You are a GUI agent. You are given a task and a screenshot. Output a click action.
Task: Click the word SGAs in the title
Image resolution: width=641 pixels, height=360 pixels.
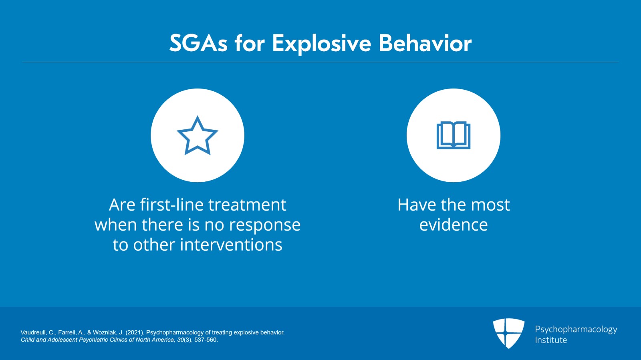click(198, 43)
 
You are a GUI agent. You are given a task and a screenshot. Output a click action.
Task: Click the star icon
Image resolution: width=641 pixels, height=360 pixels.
click(197, 136)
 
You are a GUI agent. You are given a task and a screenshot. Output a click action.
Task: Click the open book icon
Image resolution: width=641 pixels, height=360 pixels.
click(453, 135)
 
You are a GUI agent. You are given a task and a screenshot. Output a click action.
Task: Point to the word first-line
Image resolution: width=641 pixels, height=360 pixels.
click(172, 205)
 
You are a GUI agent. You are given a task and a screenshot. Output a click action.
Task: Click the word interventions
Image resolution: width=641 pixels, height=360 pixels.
click(231, 245)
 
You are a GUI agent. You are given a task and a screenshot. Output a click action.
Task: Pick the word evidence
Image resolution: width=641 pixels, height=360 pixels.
click(453, 225)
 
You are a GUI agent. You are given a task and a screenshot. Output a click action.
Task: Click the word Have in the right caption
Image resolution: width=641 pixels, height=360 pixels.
click(416, 205)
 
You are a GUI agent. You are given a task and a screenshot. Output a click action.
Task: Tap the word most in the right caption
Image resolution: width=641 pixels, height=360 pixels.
click(490, 205)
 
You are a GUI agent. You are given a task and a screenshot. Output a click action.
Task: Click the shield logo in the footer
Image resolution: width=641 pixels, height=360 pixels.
click(508, 333)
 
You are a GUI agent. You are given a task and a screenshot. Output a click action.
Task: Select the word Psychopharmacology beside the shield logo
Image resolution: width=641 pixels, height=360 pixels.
click(576, 329)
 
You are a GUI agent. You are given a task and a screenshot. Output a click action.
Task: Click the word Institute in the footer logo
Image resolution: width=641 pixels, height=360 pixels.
click(550, 340)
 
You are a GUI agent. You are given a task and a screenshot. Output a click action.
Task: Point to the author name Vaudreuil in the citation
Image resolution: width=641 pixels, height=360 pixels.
click(34, 332)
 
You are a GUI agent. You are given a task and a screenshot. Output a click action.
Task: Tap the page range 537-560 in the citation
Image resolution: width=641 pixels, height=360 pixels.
click(206, 340)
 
